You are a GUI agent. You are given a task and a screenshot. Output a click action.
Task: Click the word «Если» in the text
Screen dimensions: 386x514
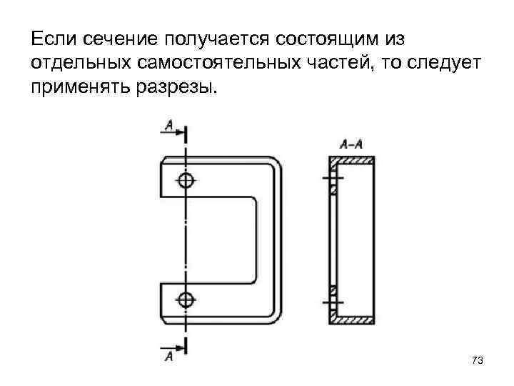click(51, 36)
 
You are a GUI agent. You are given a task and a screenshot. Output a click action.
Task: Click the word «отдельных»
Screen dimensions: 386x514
click(71, 63)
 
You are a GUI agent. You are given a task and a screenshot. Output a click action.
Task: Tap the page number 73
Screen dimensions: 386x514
click(478, 361)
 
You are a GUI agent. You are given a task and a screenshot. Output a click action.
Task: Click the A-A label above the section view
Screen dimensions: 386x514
click(351, 143)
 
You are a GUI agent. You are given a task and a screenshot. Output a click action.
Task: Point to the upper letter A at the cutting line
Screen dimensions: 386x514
click(168, 126)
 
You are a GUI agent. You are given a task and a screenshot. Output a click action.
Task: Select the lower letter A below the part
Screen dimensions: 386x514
click(168, 357)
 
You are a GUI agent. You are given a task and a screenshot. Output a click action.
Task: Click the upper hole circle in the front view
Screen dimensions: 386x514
click(186, 180)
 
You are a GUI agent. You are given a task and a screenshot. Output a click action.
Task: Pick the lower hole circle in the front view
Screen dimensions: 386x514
click(186, 298)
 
